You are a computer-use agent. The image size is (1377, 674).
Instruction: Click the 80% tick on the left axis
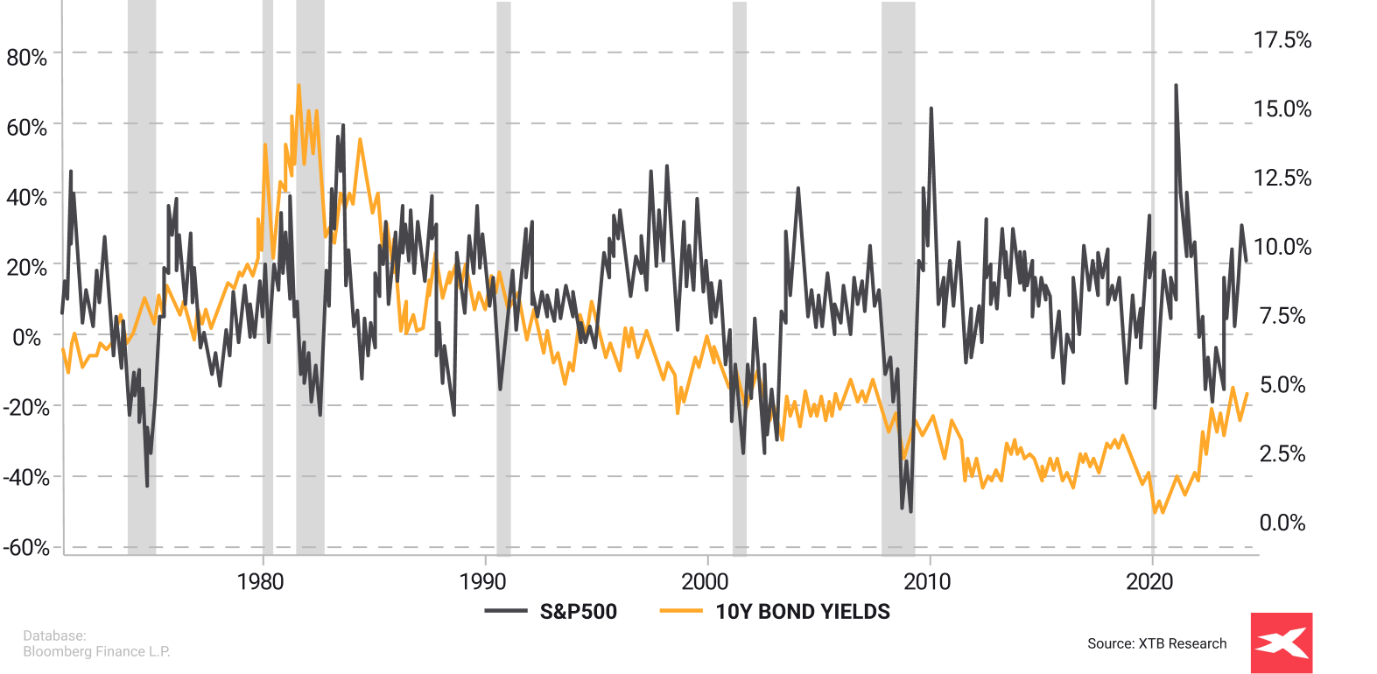point(27,58)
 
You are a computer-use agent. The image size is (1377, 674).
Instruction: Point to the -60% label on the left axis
point(26,548)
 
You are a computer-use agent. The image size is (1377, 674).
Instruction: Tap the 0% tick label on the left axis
point(27,338)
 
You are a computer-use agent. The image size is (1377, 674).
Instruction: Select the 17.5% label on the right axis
point(1282,40)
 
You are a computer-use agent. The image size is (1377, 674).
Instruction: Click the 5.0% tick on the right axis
point(1282,385)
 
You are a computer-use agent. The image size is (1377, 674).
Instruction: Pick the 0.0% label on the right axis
point(1282,523)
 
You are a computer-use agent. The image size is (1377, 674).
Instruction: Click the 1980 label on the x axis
point(261,582)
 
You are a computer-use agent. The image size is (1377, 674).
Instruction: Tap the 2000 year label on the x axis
point(705,582)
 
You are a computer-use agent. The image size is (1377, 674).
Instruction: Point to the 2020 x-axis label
point(1149,582)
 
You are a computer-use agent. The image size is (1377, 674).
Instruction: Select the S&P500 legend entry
point(578,612)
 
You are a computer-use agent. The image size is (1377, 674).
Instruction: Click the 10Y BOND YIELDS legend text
point(803,612)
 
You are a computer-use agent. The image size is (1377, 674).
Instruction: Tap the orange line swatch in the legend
point(680,611)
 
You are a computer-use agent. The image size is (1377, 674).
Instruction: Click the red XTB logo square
point(1282,643)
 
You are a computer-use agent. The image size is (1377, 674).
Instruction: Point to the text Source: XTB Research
point(1156,643)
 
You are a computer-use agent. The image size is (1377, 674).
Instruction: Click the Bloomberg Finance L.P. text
point(96,651)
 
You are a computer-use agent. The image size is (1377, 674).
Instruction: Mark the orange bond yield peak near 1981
point(299,86)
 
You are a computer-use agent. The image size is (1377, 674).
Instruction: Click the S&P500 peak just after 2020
point(1176,86)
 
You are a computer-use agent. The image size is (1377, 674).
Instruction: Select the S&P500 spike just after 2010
point(931,109)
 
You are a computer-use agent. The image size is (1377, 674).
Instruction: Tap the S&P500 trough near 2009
point(910,511)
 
